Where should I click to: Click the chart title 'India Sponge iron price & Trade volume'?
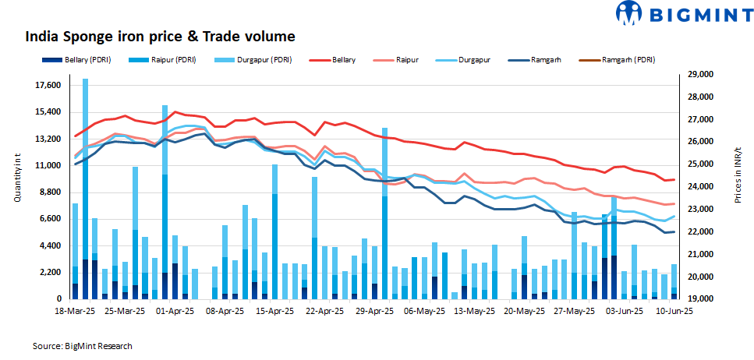click(x=161, y=37)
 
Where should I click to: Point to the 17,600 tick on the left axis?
click(x=48, y=85)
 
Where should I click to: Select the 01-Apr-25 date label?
click(x=174, y=310)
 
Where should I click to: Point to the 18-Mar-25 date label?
click(x=75, y=310)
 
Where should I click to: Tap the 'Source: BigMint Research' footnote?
click(x=82, y=345)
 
